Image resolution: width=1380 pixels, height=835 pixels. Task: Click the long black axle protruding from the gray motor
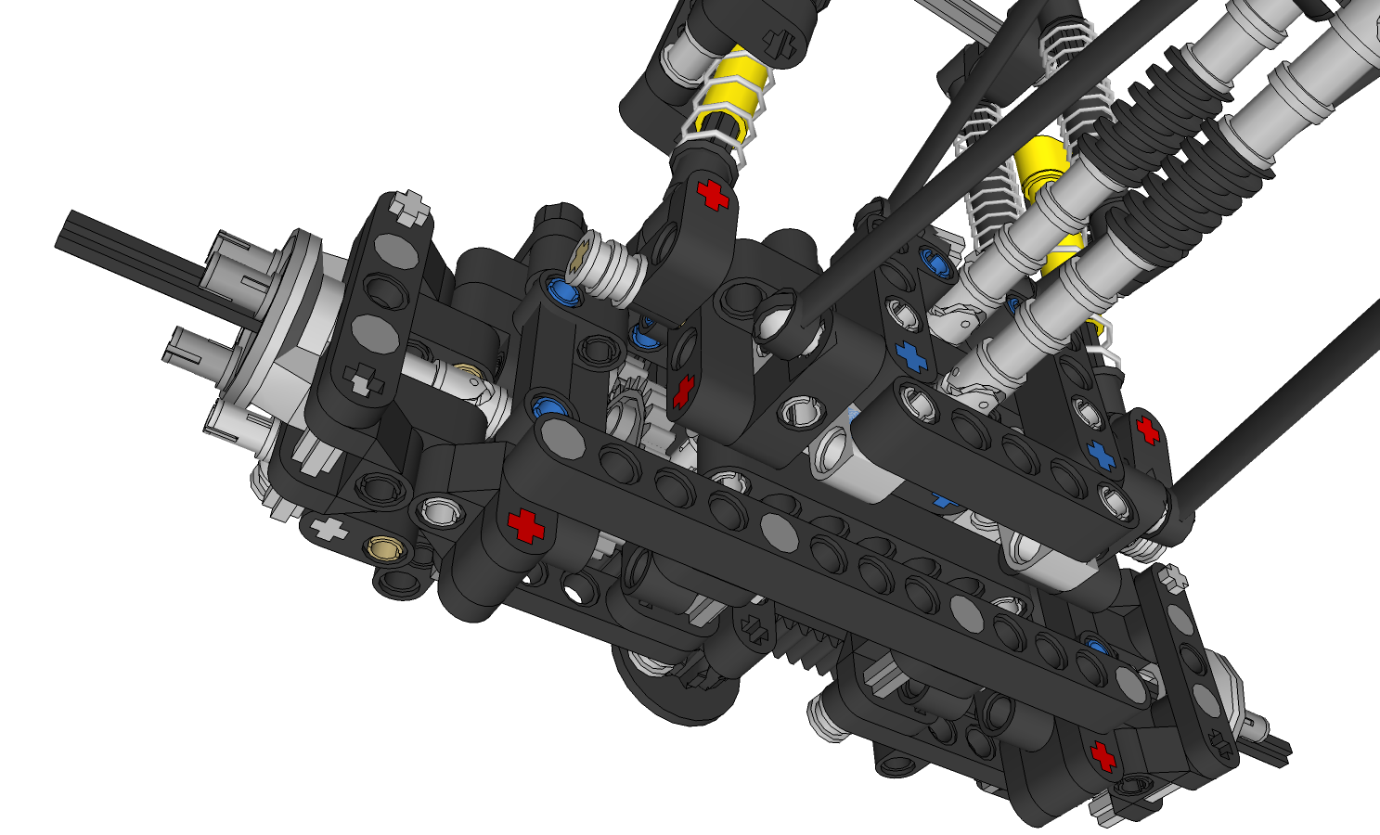[x=111, y=243]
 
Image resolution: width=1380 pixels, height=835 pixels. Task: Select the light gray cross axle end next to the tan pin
[x=328, y=530]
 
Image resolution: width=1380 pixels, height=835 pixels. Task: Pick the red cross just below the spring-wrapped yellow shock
[x=713, y=195]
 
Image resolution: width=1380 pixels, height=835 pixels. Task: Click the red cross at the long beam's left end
[x=525, y=524]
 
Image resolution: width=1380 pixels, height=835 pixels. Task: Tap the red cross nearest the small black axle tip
[x=1103, y=756]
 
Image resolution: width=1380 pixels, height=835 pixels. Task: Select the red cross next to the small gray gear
[x=682, y=391]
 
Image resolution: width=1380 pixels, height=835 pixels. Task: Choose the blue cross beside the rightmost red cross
[x=1102, y=454]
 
